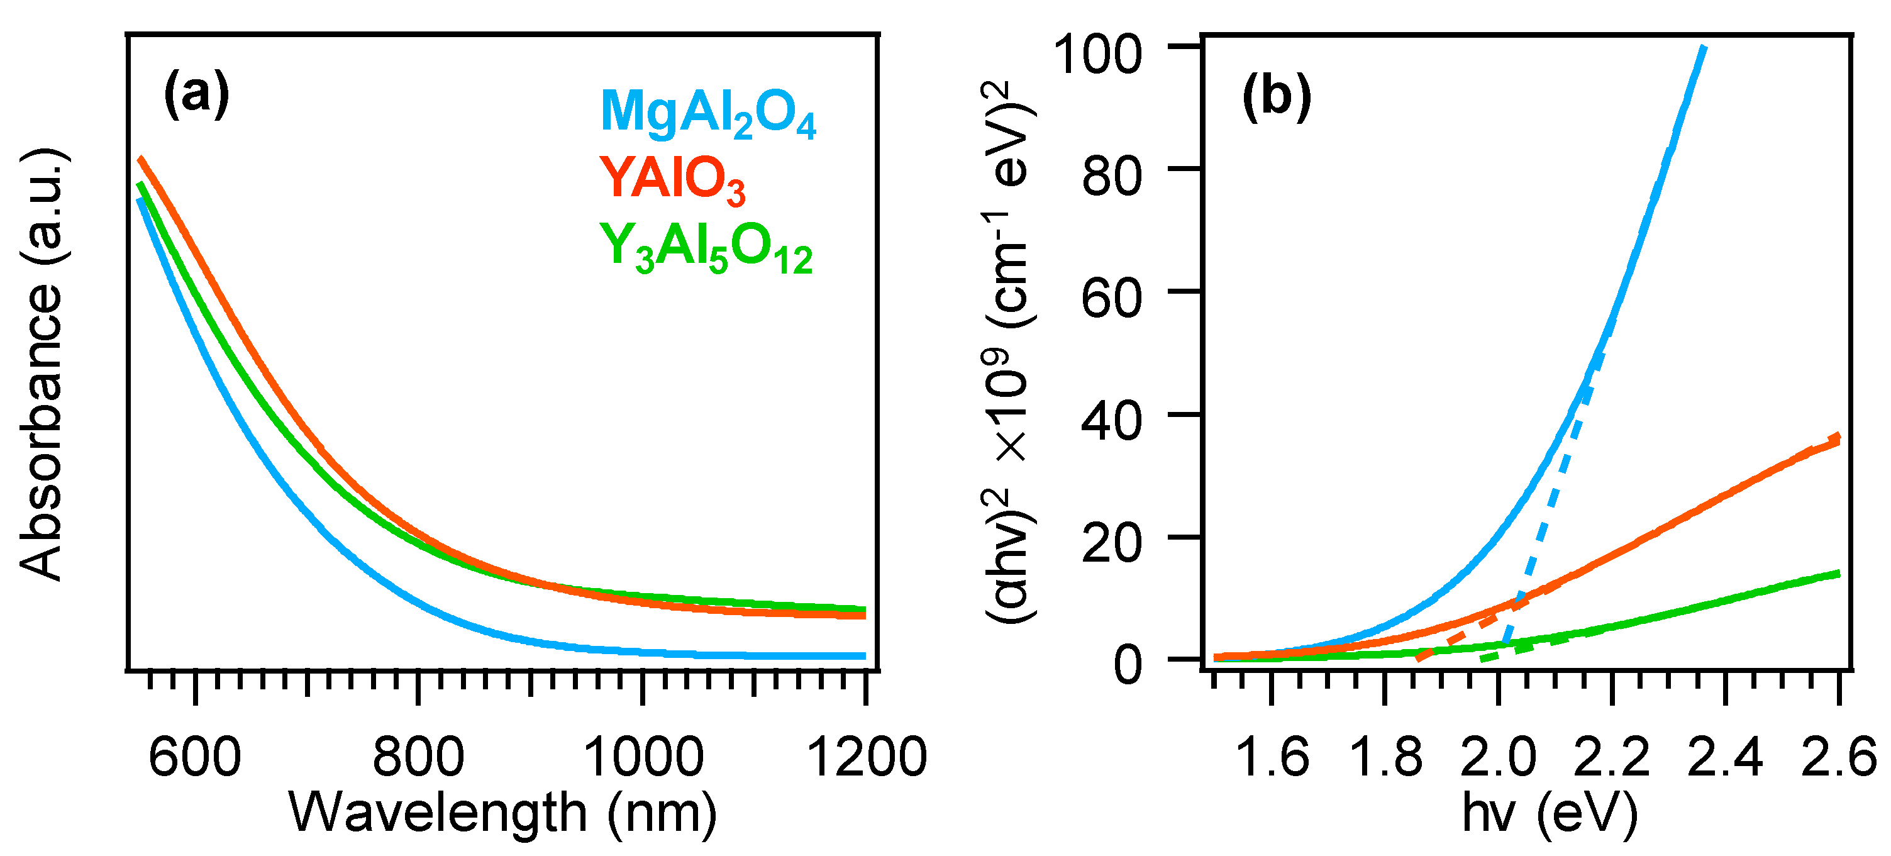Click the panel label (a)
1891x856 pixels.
196,94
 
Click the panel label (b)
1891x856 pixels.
1277,96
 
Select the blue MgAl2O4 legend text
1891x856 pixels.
707,114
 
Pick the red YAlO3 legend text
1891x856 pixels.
672,180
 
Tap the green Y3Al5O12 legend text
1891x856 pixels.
706,249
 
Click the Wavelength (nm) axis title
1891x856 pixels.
504,813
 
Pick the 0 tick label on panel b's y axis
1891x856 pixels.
1128,665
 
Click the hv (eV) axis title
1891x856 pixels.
1550,813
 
